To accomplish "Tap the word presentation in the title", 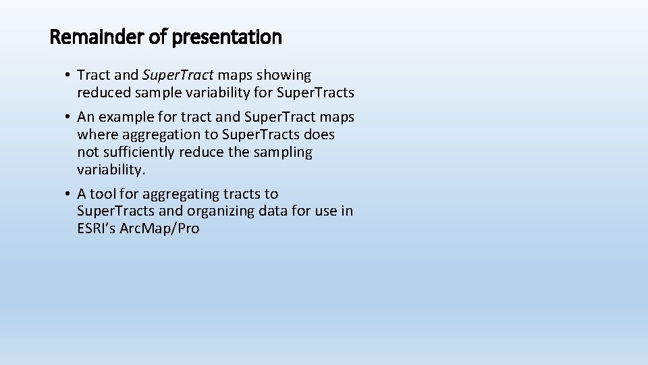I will (x=227, y=38).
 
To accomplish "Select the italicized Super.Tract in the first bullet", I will (x=178, y=74).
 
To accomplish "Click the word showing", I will (x=286, y=74).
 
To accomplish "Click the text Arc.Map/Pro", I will (x=161, y=228).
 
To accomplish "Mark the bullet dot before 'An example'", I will (x=70, y=118).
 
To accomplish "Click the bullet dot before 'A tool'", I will (x=70, y=195).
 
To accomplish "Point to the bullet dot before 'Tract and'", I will (x=70, y=75).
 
